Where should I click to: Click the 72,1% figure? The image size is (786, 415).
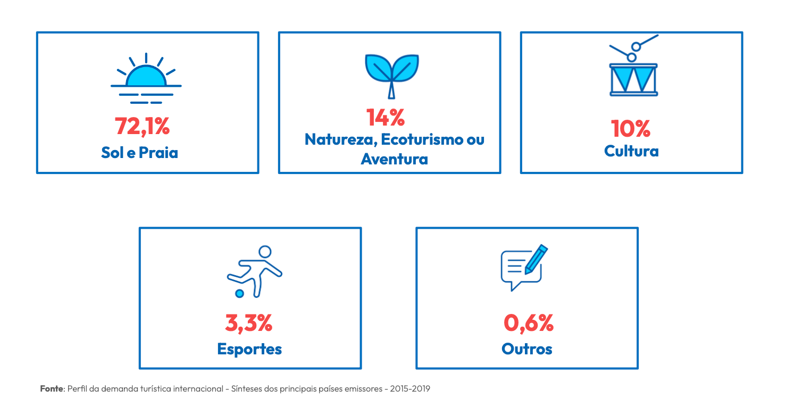coord(142,127)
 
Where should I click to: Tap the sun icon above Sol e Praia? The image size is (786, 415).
coord(146,78)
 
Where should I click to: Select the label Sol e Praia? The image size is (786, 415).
coord(140,152)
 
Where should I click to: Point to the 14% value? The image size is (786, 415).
coord(386,117)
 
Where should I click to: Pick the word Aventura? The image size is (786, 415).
coord(395,159)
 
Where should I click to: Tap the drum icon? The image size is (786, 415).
coord(634,65)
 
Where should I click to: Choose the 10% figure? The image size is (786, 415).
coord(631,129)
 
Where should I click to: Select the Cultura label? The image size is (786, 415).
coord(631,151)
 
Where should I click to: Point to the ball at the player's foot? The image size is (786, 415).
coord(240,294)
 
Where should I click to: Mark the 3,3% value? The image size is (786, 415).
coord(248,323)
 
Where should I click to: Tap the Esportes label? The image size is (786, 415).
coord(249,349)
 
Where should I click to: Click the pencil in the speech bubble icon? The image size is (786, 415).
coord(536,259)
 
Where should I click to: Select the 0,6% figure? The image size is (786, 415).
coord(529,323)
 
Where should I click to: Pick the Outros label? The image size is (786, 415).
coord(527,349)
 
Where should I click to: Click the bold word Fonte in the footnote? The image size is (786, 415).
coord(52,389)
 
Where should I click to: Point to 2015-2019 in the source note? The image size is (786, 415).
coord(410,389)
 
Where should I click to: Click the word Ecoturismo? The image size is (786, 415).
coord(422,139)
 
